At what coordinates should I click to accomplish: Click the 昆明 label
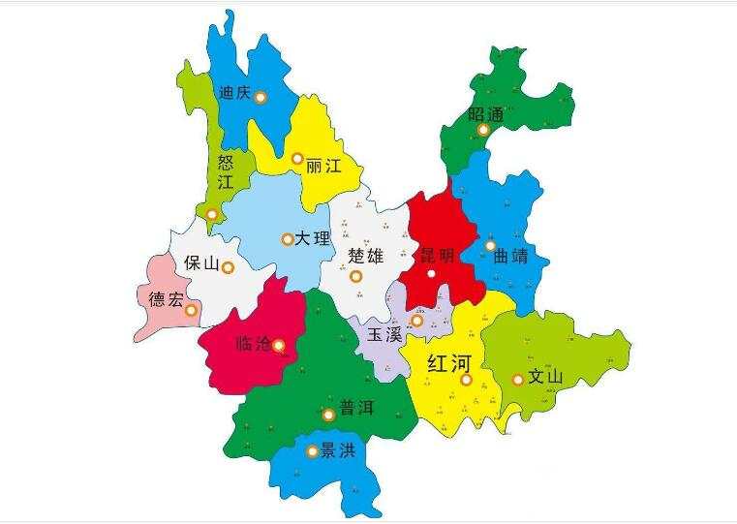pos(436,257)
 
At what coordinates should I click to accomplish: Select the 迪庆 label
pos(236,94)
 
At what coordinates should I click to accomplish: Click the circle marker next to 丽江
pos(297,158)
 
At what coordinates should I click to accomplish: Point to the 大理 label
pos(314,238)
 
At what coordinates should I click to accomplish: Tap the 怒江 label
pos(226,171)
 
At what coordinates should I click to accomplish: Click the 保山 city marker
pos(228,268)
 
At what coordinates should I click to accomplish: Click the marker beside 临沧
pos(279,344)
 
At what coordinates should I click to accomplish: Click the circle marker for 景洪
pos(311,450)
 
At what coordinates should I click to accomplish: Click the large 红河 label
pos(448,364)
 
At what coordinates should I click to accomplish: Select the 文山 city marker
pos(518,380)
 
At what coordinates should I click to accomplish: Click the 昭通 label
pos(486,114)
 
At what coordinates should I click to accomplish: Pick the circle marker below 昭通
pos(483,130)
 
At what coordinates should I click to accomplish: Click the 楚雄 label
pos(365,256)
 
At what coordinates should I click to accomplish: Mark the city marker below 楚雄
pos(356,277)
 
